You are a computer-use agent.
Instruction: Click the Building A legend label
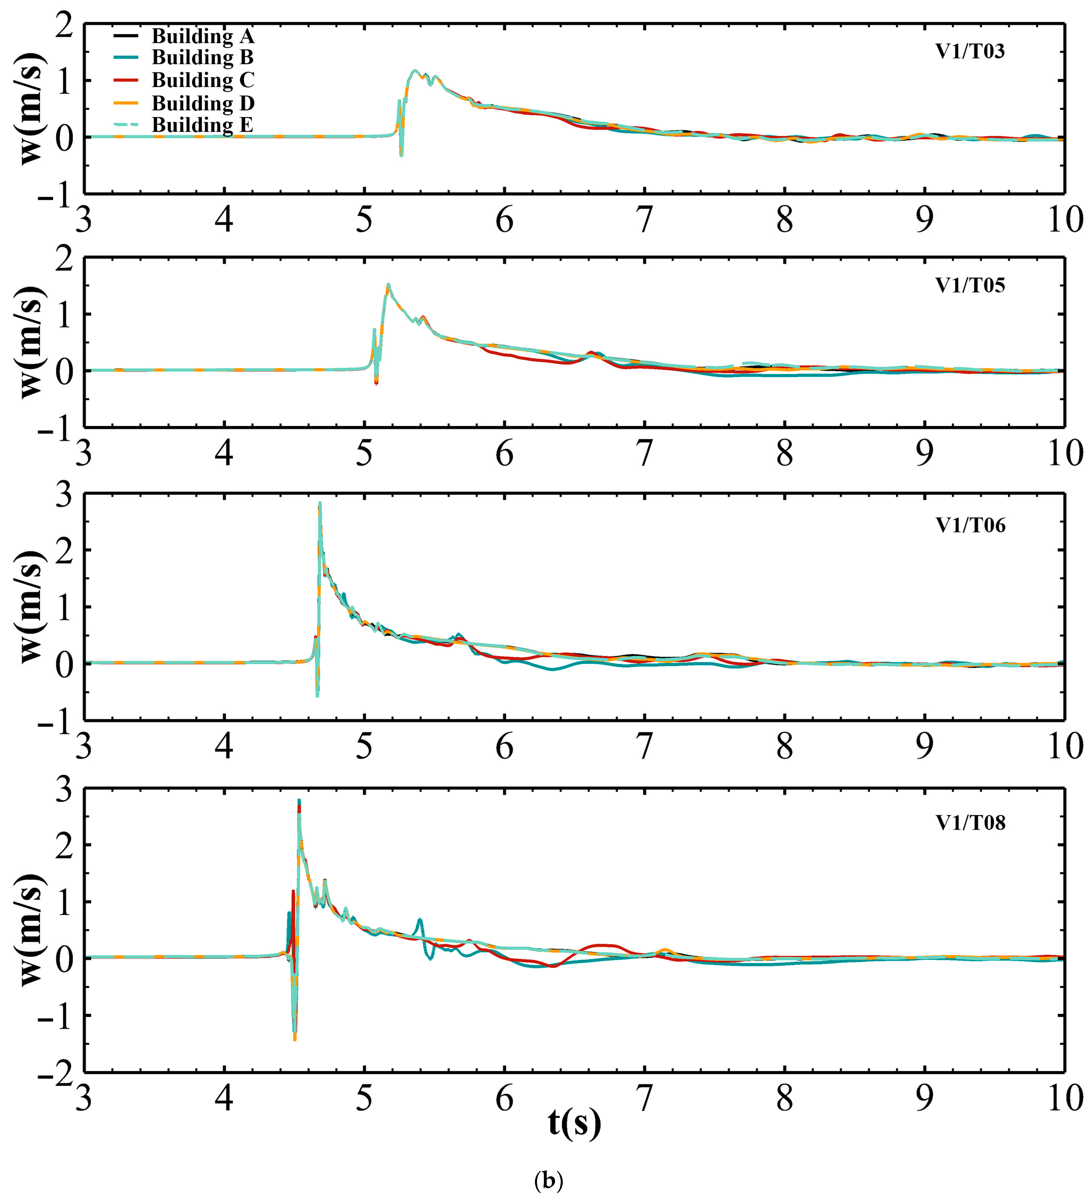202,36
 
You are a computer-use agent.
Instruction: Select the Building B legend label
202,58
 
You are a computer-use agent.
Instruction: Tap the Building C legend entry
202,80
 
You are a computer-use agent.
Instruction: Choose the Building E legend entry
202,125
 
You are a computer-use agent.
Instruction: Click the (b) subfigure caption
548,1180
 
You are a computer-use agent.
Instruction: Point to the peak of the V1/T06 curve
320,504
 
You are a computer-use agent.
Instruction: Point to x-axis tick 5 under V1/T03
364,220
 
